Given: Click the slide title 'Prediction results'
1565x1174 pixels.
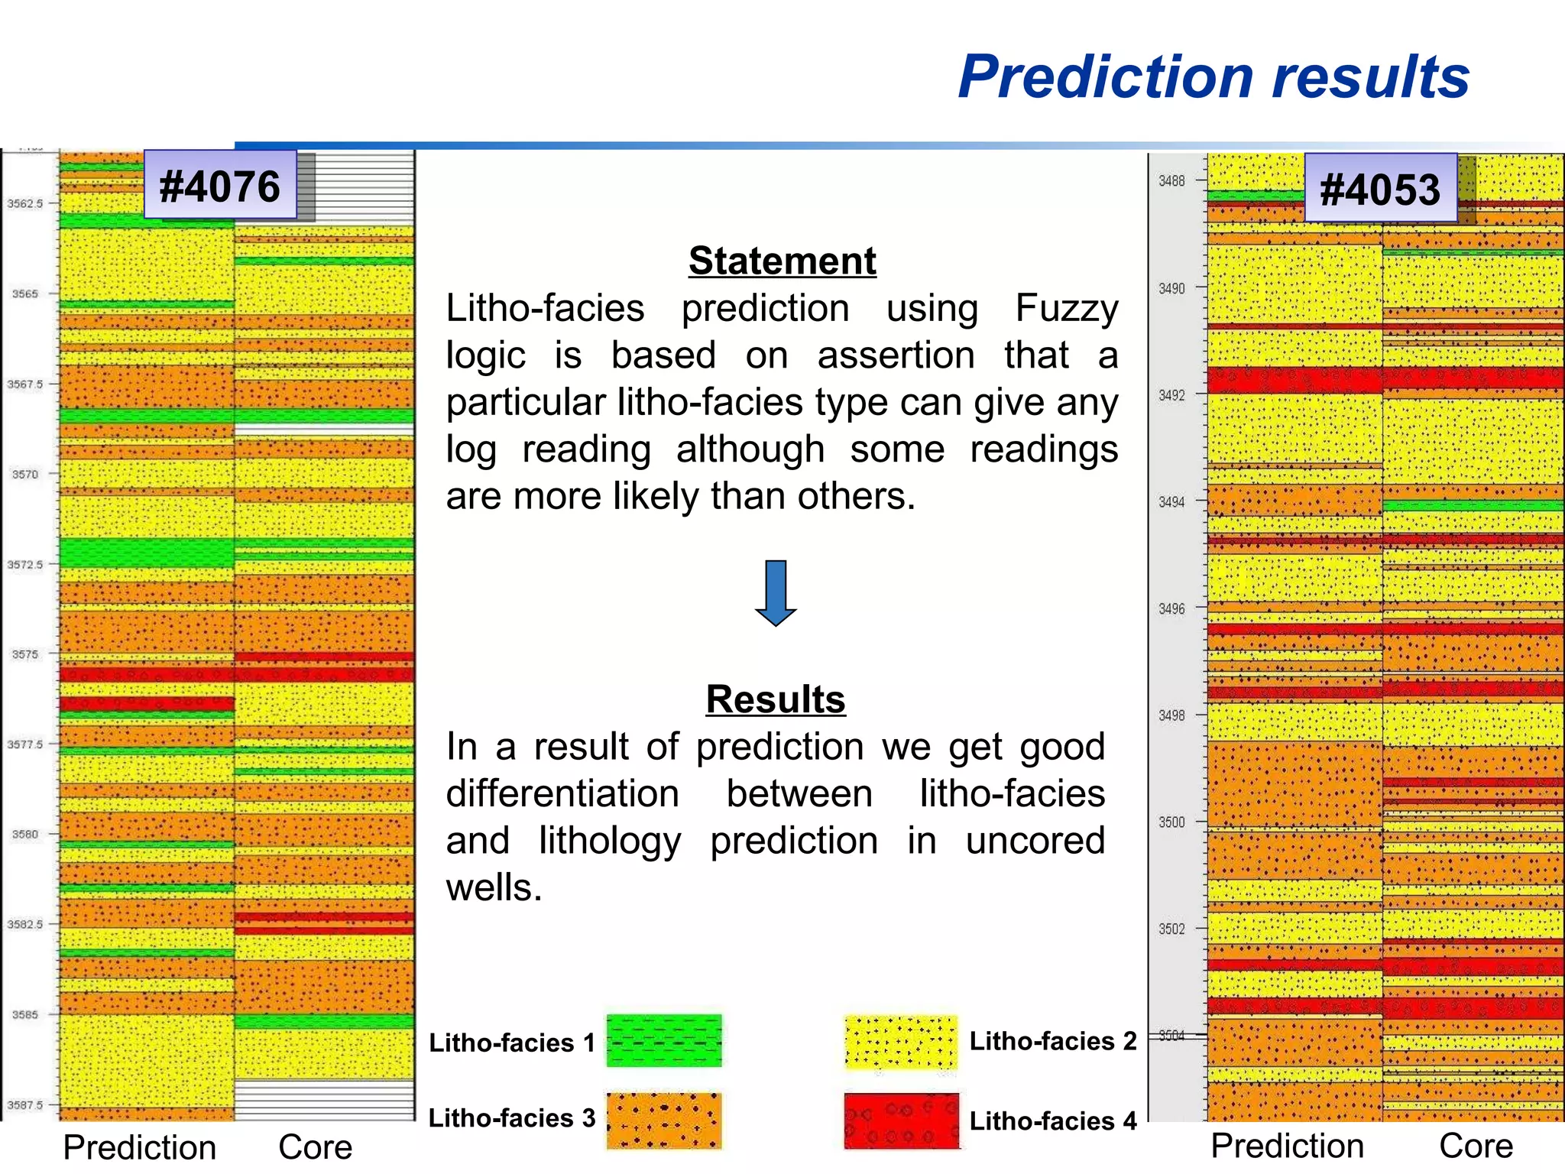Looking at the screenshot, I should tap(1213, 77).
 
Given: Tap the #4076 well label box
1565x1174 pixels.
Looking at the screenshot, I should tap(220, 186).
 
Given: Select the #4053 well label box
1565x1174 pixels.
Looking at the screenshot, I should tap(1380, 189).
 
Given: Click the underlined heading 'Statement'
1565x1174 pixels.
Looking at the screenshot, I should tap(782, 261).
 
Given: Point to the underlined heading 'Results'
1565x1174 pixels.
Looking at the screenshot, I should tap(776, 699).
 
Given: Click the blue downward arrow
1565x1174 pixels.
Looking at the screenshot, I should tap(776, 593).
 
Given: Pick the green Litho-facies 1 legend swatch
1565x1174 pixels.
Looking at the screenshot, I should tap(664, 1040).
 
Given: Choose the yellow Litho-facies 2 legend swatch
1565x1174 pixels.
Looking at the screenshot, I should tap(901, 1042).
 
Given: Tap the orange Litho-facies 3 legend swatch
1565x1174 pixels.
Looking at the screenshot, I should tap(664, 1120).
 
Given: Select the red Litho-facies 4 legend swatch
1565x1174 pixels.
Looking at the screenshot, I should tap(901, 1120).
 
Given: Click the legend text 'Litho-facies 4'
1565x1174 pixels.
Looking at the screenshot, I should tap(1053, 1120).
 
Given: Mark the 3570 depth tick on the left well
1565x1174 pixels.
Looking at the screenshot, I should tap(25, 474).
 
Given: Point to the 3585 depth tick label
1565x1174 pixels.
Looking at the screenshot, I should tap(25, 1014).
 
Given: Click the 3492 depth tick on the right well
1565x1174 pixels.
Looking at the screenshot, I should tap(1171, 395).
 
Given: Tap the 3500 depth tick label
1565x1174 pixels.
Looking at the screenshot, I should tap(1171, 822).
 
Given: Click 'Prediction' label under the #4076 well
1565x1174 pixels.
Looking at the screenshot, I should tap(140, 1147).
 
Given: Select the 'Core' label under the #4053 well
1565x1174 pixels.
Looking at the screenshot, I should tap(1476, 1146).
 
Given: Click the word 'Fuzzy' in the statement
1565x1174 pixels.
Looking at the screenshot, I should tap(1067, 309).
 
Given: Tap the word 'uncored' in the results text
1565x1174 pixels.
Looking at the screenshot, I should tap(1035, 841).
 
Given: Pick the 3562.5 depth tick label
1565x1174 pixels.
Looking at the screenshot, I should tap(25, 203).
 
